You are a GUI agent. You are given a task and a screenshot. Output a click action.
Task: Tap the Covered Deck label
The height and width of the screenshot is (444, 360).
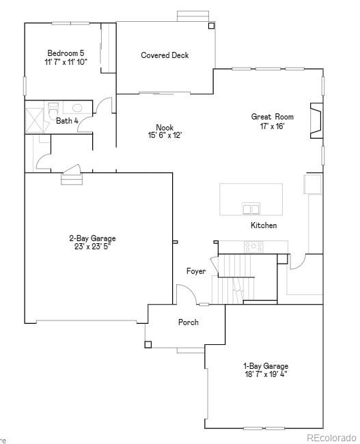pyautogui.click(x=165, y=55)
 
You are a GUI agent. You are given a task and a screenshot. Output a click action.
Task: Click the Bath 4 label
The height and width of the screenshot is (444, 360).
pyautogui.click(x=67, y=121)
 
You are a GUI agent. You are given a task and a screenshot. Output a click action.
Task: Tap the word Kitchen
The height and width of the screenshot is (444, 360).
pyautogui.click(x=264, y=225)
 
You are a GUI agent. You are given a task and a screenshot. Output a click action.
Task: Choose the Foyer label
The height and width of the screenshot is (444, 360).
pyautogui.click(x=196, y=271)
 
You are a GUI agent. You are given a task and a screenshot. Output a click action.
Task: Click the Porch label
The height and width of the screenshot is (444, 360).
pyautogui.click(x=189, y=322)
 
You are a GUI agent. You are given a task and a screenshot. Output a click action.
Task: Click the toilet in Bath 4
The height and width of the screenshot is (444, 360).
pyautogui.click(x=53, y=109)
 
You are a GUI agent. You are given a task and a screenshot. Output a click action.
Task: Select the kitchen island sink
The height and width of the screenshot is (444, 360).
pyautogui.click(x=251, y=209)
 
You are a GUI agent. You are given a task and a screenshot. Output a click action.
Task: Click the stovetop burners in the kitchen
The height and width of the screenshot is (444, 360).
pyautogui.click(x=254, y=247)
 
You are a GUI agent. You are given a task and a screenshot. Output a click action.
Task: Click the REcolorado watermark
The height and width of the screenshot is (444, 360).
pyautogui.click(x=331, y=437)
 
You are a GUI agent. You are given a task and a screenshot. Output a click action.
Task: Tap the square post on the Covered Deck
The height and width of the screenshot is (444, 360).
pyautogui.click(x=211, y=26)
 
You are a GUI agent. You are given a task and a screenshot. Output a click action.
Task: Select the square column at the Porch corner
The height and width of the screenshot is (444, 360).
pyautogui.click(x=148, y=344)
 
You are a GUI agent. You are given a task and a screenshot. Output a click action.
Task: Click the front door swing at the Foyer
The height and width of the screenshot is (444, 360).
pyautogui.click(x=184, y=294)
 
